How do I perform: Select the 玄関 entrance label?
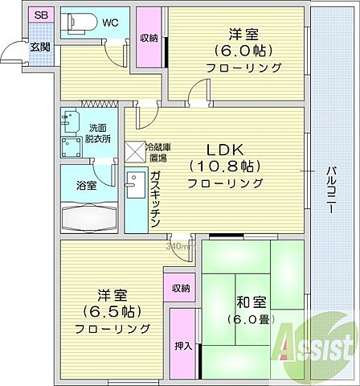coord(39,46)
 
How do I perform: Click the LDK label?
coord(226,150)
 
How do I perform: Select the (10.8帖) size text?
coord(226,166)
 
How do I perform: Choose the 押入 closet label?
coord(182,346)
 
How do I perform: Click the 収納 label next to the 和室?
coord(181,288)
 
